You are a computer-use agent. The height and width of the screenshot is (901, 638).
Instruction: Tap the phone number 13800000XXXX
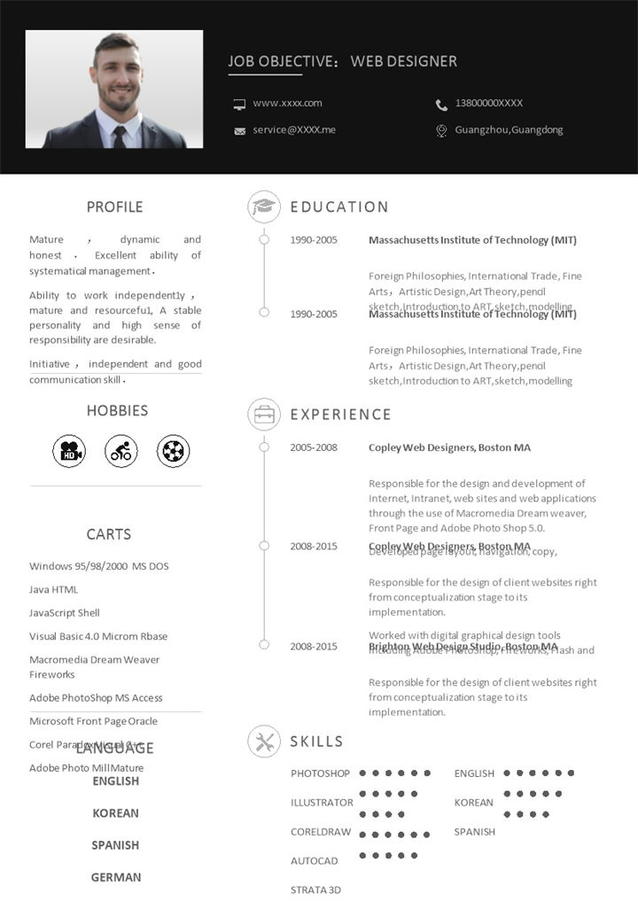[488, 104]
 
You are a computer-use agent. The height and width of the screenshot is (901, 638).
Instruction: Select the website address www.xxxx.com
[287, 104]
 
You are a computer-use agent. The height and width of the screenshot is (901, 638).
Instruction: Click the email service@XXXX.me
[294, 130]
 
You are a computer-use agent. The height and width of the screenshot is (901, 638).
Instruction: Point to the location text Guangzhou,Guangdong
[509, 130]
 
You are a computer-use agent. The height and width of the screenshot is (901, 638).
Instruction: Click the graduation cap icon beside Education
[264, 207]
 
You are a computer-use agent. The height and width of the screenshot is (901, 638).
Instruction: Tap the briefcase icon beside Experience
[264, 415]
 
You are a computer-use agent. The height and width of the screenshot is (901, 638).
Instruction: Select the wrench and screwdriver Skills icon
[264, 742]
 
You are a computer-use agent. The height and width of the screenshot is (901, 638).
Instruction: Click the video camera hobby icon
[69, 452]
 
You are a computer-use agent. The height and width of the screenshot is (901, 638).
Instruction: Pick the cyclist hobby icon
[121, 452]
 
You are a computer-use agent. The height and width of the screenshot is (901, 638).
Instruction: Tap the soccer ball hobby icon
[174, 452]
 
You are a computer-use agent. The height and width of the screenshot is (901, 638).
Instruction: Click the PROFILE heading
[114, 207]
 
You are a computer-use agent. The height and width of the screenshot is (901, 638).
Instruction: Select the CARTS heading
[109, 534]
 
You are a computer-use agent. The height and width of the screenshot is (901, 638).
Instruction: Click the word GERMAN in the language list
[116, 877]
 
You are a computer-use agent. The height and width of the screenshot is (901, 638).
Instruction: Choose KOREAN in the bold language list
[116, 813]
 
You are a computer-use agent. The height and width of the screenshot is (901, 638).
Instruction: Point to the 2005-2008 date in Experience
[314, 447]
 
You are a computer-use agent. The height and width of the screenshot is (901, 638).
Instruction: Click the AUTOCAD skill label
[315, 861]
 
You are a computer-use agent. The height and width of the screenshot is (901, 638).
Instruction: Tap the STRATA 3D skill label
[315, 889]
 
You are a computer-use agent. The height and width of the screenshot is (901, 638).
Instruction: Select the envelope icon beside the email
[239, 131]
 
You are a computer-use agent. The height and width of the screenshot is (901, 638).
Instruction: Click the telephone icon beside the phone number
[441, 105]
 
